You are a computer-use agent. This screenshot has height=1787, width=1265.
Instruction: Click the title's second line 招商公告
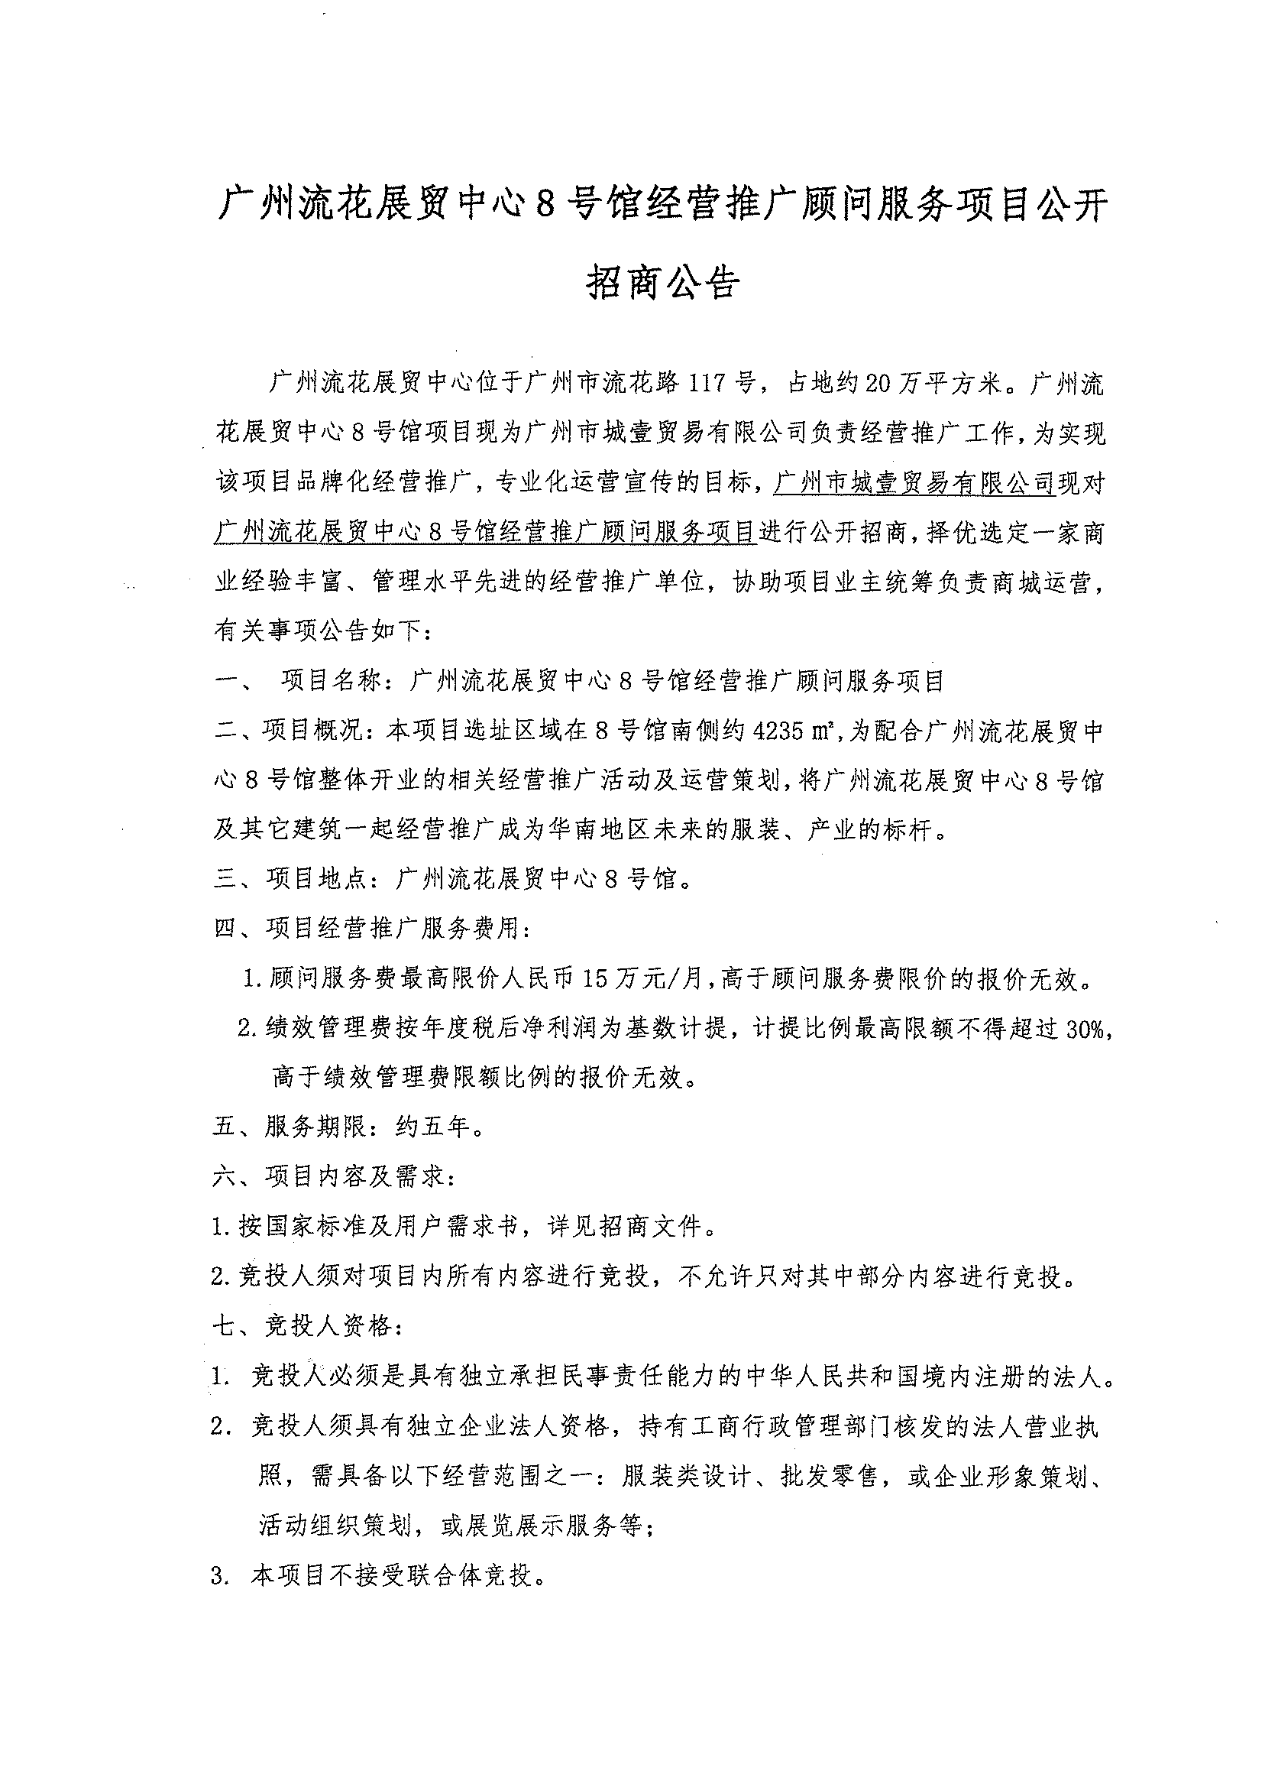(x=662, y=283)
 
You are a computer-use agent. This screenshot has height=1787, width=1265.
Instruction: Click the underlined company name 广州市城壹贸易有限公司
(x=913, y=484)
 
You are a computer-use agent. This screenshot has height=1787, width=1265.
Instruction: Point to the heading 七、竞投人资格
(x=308, y=1325)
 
